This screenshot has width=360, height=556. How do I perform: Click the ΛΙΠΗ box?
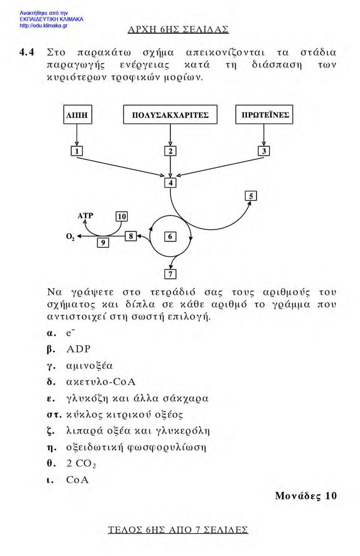pos(78,114)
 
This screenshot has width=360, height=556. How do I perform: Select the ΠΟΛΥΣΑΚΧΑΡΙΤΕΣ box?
pos(170,114)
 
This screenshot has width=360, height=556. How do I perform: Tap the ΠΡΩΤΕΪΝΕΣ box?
pos(264,114)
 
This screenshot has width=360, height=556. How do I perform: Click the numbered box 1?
pos(76,151)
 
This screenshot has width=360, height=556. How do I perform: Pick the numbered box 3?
pos(264,151)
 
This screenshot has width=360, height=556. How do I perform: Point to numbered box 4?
pos(171,183)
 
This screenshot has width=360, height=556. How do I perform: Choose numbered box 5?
pos(251,196)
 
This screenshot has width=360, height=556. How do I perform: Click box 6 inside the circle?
pos(171,236)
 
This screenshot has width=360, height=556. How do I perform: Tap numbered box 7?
pos(171,274)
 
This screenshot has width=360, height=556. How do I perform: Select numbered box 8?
pos(131,236)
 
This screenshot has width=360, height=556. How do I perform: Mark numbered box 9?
pos(103,242)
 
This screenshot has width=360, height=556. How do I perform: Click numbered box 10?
pos(122,216)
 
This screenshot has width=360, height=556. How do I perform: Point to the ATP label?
pos(85,215)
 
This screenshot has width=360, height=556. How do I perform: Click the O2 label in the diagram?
pos(70,237)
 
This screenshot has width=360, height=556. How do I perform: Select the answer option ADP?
pos(78,349)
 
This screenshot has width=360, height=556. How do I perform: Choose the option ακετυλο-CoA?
pos(101,382)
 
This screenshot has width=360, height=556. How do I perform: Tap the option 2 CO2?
pos(81,463)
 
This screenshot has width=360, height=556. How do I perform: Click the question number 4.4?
pos(27,52)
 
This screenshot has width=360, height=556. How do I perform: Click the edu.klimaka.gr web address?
pos(43,26)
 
